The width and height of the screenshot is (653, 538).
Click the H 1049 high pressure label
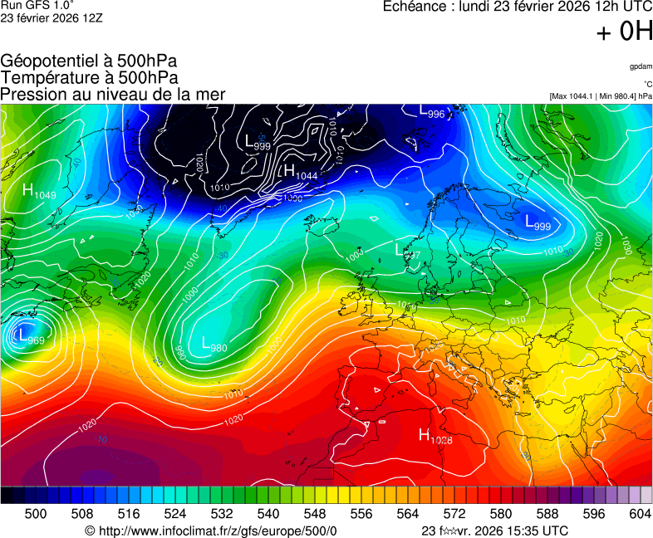(x=39, y=192)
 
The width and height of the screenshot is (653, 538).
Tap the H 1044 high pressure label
(x=300, y=172)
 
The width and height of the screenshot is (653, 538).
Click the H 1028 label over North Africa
(x=435, y=436)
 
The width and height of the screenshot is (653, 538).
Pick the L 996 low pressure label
(x=431, y=111)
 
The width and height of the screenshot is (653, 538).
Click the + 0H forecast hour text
(x=624, y=32)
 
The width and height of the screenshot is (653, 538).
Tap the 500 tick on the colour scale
(x=36, y=514)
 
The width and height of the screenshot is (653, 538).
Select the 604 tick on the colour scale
(x=640, y=514)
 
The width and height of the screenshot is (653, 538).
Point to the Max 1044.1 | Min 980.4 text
(x=601, y=96)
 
